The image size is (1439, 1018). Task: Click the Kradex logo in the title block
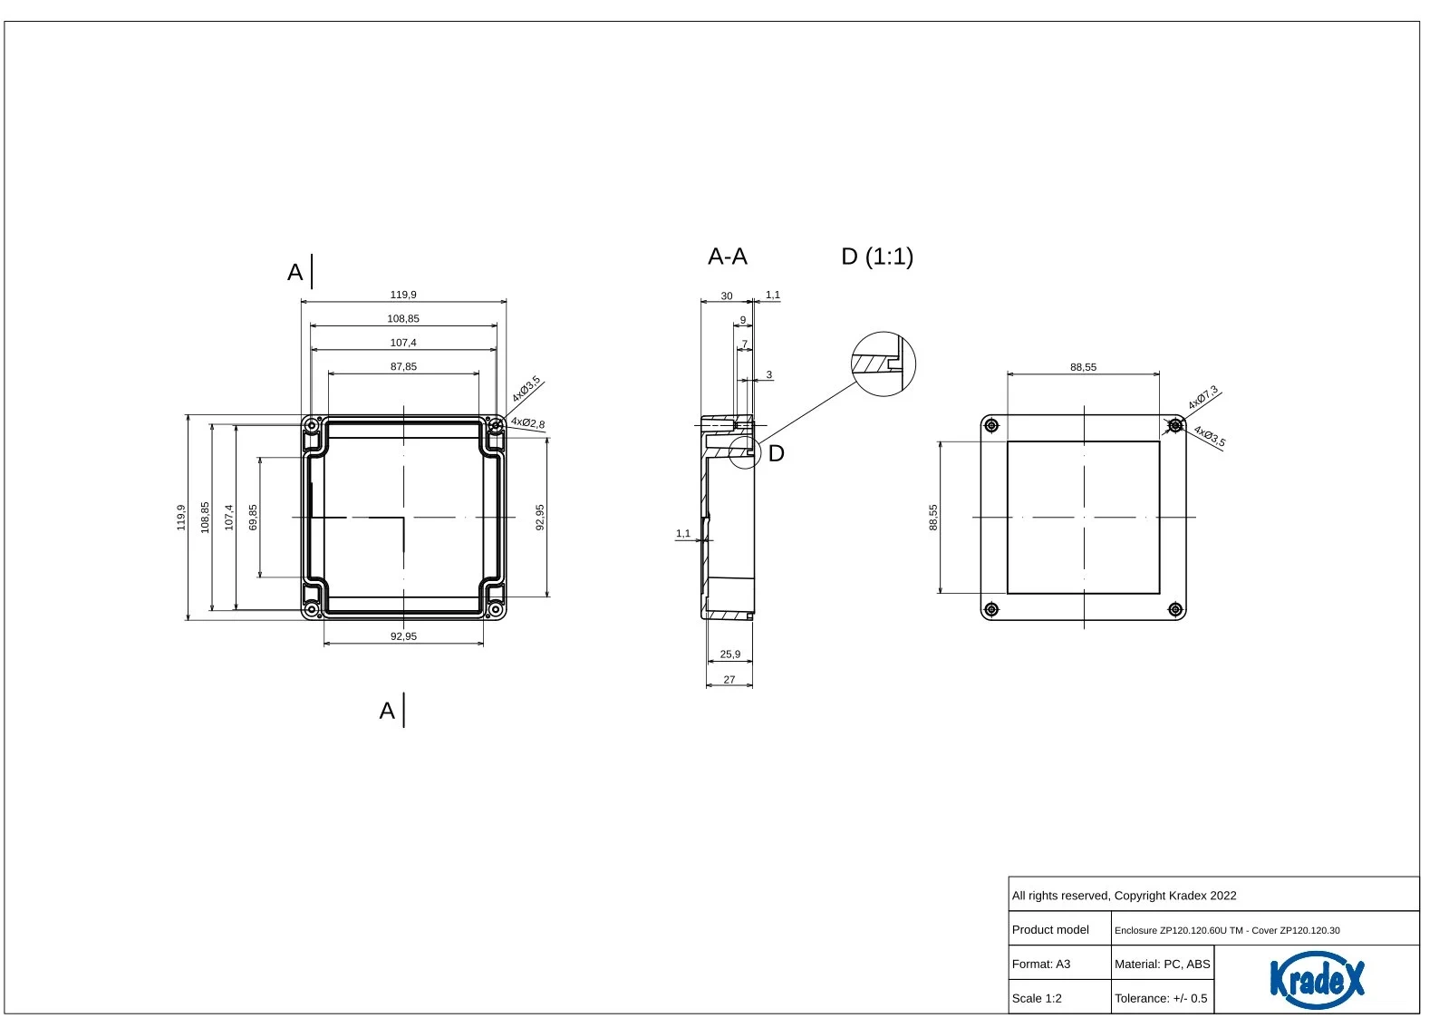pos(1317,979)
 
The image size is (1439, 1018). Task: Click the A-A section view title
pos(728,257)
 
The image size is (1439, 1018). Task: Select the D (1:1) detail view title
pos(877,257)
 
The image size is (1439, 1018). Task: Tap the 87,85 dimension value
pos(403,366)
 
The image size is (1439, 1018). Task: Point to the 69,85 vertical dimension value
pos(253,518)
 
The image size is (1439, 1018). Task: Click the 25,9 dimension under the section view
pos(729,654)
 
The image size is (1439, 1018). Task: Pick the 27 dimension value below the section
pos(729,679)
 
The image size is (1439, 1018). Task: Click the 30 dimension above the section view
pos(727,296)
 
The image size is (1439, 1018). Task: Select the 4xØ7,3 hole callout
pos(1202,397)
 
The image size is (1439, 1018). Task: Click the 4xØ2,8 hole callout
pos(527,422)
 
